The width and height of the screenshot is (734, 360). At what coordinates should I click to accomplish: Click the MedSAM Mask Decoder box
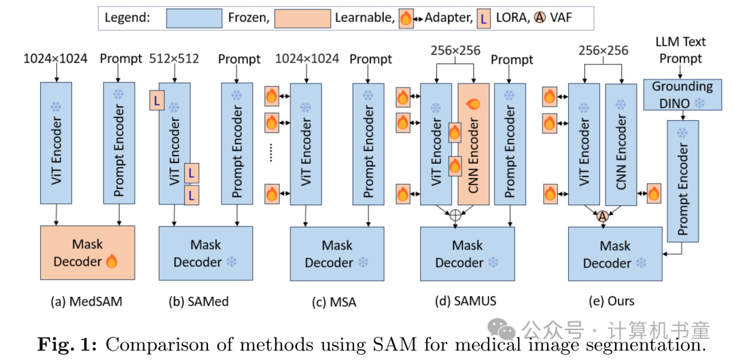(x=88, y=253)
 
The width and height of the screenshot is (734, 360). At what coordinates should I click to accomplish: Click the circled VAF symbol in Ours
(x=601, y=216)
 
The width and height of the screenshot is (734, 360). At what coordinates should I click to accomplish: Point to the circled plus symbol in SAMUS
(x=455, y=216)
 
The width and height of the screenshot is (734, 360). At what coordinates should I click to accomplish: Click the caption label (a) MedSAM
(x=86, y=301)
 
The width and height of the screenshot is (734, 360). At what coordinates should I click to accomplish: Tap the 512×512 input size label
(x=174, y=58)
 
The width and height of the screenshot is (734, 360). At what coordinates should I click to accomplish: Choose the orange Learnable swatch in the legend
(x=303, y=17)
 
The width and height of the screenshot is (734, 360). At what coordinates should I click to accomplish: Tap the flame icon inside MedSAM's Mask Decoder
(x=111, y=262)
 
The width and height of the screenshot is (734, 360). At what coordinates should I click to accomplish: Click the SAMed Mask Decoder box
(x=205, y=253)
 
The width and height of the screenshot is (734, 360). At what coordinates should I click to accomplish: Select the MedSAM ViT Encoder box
(x=57, y=143)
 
